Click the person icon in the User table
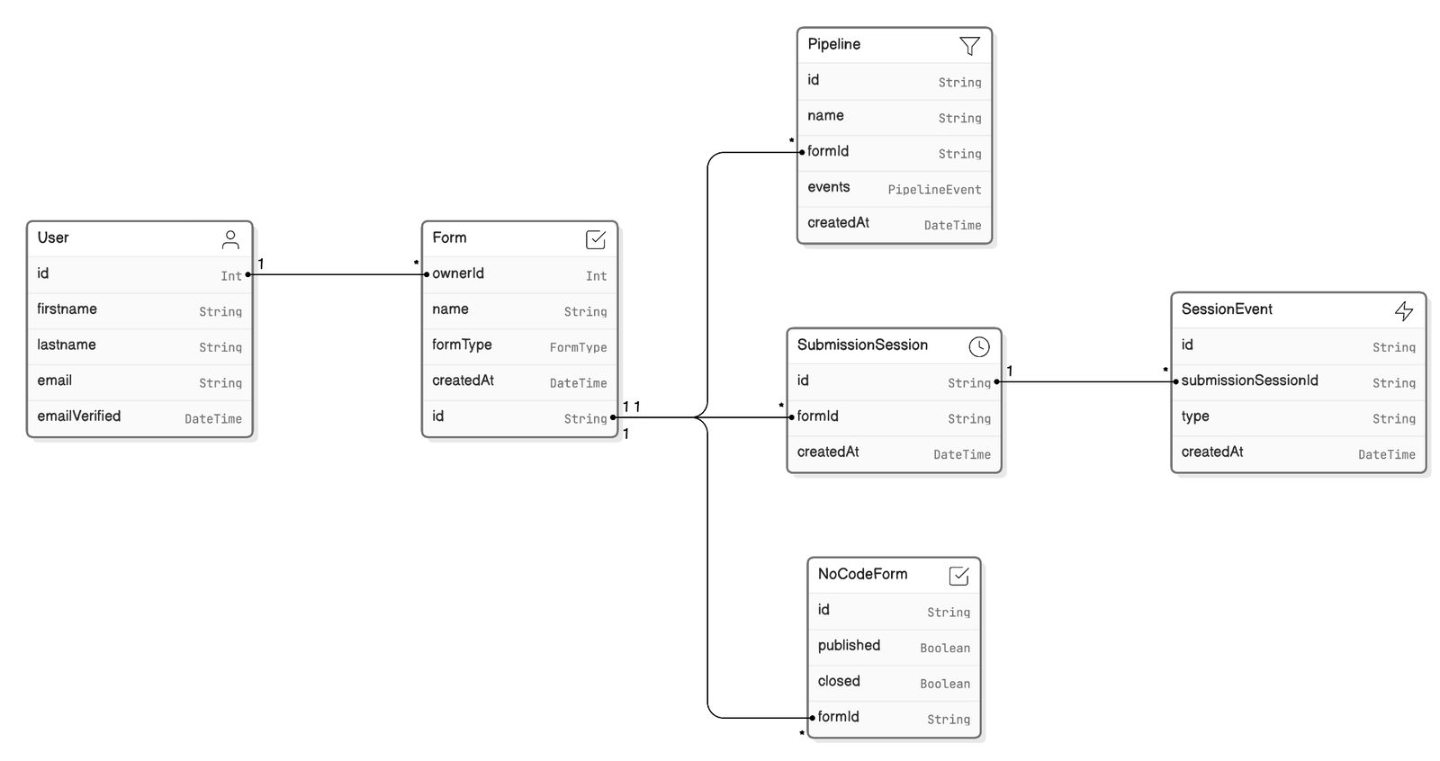230,240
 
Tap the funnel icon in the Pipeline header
969,46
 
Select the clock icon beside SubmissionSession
979,347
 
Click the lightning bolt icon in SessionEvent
1404,311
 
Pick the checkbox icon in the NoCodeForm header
958,576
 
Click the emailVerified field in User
79,416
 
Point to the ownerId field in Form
458,273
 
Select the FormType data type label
578,348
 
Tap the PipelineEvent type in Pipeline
934,190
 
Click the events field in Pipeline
829,187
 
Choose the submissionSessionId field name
1249,380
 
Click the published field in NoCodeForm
849,645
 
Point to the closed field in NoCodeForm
838,681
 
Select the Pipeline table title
833,44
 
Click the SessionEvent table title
1227,309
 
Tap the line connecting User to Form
337,274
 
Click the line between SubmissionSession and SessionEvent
1086,381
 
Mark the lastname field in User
67,345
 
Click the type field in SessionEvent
1195,416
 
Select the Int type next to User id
231,276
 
